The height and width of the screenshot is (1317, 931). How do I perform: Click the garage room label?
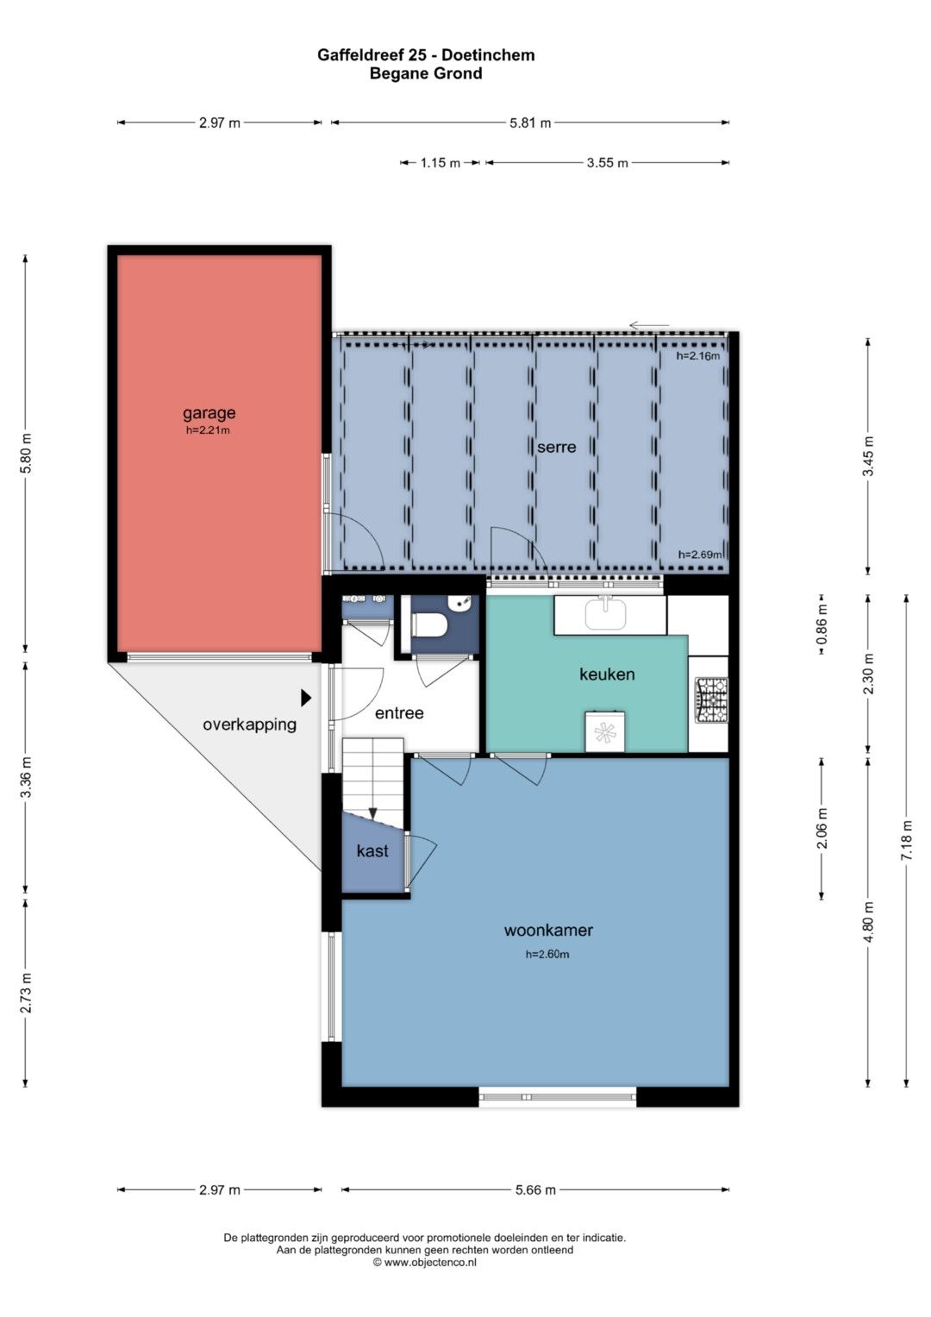point(209,413)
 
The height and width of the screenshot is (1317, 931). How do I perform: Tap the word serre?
point(556,447)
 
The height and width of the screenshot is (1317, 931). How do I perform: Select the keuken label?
point(607,674)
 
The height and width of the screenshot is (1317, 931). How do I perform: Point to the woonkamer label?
point(548,930)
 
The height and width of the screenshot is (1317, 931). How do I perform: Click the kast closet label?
point(372,850)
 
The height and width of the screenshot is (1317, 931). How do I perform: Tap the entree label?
point(399,713)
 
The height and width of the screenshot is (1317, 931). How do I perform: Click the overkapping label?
point(249,725)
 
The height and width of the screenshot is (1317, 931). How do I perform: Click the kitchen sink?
point(605,614)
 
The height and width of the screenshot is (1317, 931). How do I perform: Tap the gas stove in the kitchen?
point(711,700)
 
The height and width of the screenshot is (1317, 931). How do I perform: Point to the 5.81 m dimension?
point(529,122)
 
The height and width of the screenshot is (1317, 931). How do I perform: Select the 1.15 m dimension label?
point(441,163)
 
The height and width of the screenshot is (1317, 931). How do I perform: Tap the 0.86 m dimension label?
point(822,624)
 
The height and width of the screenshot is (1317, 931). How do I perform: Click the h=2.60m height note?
point(547,954)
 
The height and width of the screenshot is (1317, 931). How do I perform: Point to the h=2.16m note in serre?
point(697,355)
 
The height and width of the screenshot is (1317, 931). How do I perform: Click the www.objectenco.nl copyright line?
point(424,1263)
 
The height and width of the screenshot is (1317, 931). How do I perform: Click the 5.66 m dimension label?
point(535,1190)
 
